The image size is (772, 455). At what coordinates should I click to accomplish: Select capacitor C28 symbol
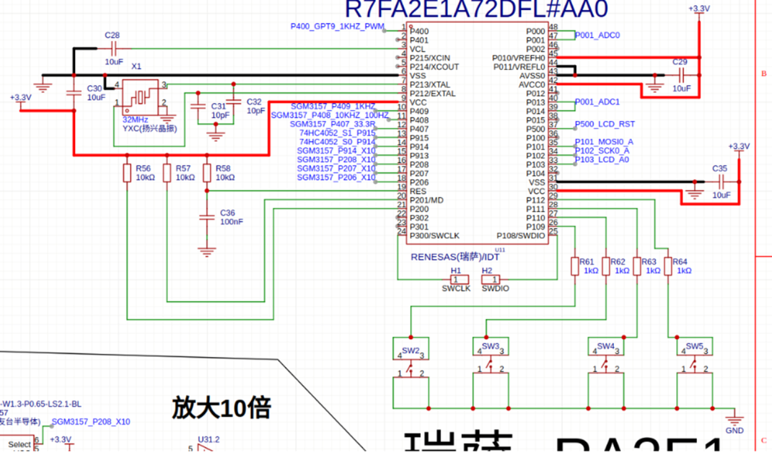[x=113, y=49]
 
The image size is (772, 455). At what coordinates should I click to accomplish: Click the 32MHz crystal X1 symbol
[x=140, y=94]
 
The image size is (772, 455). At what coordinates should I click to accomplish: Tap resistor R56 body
[x=127, y=173]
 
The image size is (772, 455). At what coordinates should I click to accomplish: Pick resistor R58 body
[x=207, y=173]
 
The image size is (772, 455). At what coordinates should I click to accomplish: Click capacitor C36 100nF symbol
[x=207, y=217]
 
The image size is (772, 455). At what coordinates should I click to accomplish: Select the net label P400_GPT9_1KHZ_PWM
[x=337, y=26]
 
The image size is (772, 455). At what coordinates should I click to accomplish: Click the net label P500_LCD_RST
[x=605, y=124]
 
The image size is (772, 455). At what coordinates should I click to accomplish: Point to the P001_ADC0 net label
[x=598, y=34]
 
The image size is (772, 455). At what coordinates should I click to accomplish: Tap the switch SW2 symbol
[x=410, y=351]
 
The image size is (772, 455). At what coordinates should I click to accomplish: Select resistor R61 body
[x=574, y=266]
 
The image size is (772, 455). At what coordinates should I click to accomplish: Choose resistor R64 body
[x=668, y=266]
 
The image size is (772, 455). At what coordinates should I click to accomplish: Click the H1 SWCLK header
[x=456, y=279]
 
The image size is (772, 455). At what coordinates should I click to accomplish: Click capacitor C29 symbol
[x=681, y=74]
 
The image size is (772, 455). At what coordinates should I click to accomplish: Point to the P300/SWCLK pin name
[x=435, y=235]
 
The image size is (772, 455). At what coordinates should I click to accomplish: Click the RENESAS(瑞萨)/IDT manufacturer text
[x=455, y=256]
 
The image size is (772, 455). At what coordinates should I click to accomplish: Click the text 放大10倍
[x=221, y=408]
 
